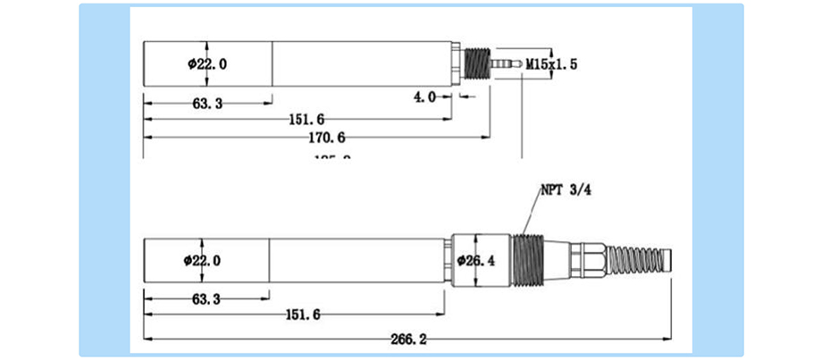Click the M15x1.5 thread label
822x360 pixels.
pyautogui.click(x=552, y=64)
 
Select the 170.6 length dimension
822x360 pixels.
pyautogui.click(x=328, y=137)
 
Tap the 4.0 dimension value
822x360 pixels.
pyautogui.click(x=424, y=96)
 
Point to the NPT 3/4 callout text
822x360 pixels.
pyautogui.click(x=565, y=189)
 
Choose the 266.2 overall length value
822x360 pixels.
pyautogui.click(x=409, y=339)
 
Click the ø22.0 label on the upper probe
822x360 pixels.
pyautogui.click(x=207, y=63)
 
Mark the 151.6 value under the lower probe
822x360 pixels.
pyautogui.click(x=304, y=314)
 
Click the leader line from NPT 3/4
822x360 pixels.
pyautogui.click(x=530, y=215)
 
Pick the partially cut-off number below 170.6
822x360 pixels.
pyautogui.click(x=331, y=157)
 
